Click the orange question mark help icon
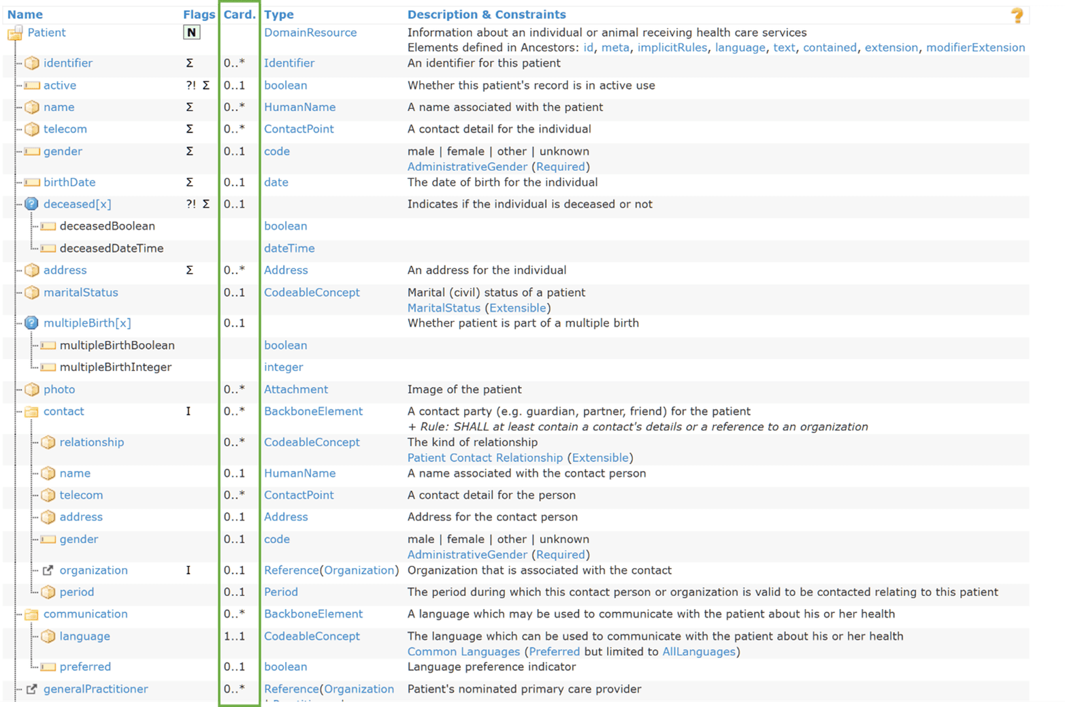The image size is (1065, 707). coord(1017,16)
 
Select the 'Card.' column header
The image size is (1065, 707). coord(240,14)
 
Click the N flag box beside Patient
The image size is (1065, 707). coord(191,33)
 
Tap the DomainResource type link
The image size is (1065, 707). coord(310,33)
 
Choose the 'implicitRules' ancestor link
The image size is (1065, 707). coord(672,48)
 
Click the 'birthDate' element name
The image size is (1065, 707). coord(69,182)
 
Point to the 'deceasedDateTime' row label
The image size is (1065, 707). coord(112,248)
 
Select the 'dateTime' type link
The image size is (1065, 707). coord(289,248)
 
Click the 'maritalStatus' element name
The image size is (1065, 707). coord(81,293)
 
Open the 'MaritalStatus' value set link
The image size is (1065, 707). coord(444,308)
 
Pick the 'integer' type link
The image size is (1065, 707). coord(284,367)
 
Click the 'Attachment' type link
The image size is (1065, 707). coord(296,389)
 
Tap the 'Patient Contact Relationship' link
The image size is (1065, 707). coord(485,458)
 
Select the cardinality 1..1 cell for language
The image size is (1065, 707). coord(234,636)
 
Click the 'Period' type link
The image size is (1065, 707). coord(281,592)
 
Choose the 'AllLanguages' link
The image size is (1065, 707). coord(699,652)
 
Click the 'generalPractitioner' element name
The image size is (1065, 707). coord(96,689)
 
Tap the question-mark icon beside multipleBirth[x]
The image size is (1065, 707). coord(31,323)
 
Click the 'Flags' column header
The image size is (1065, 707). coord(199,14)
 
